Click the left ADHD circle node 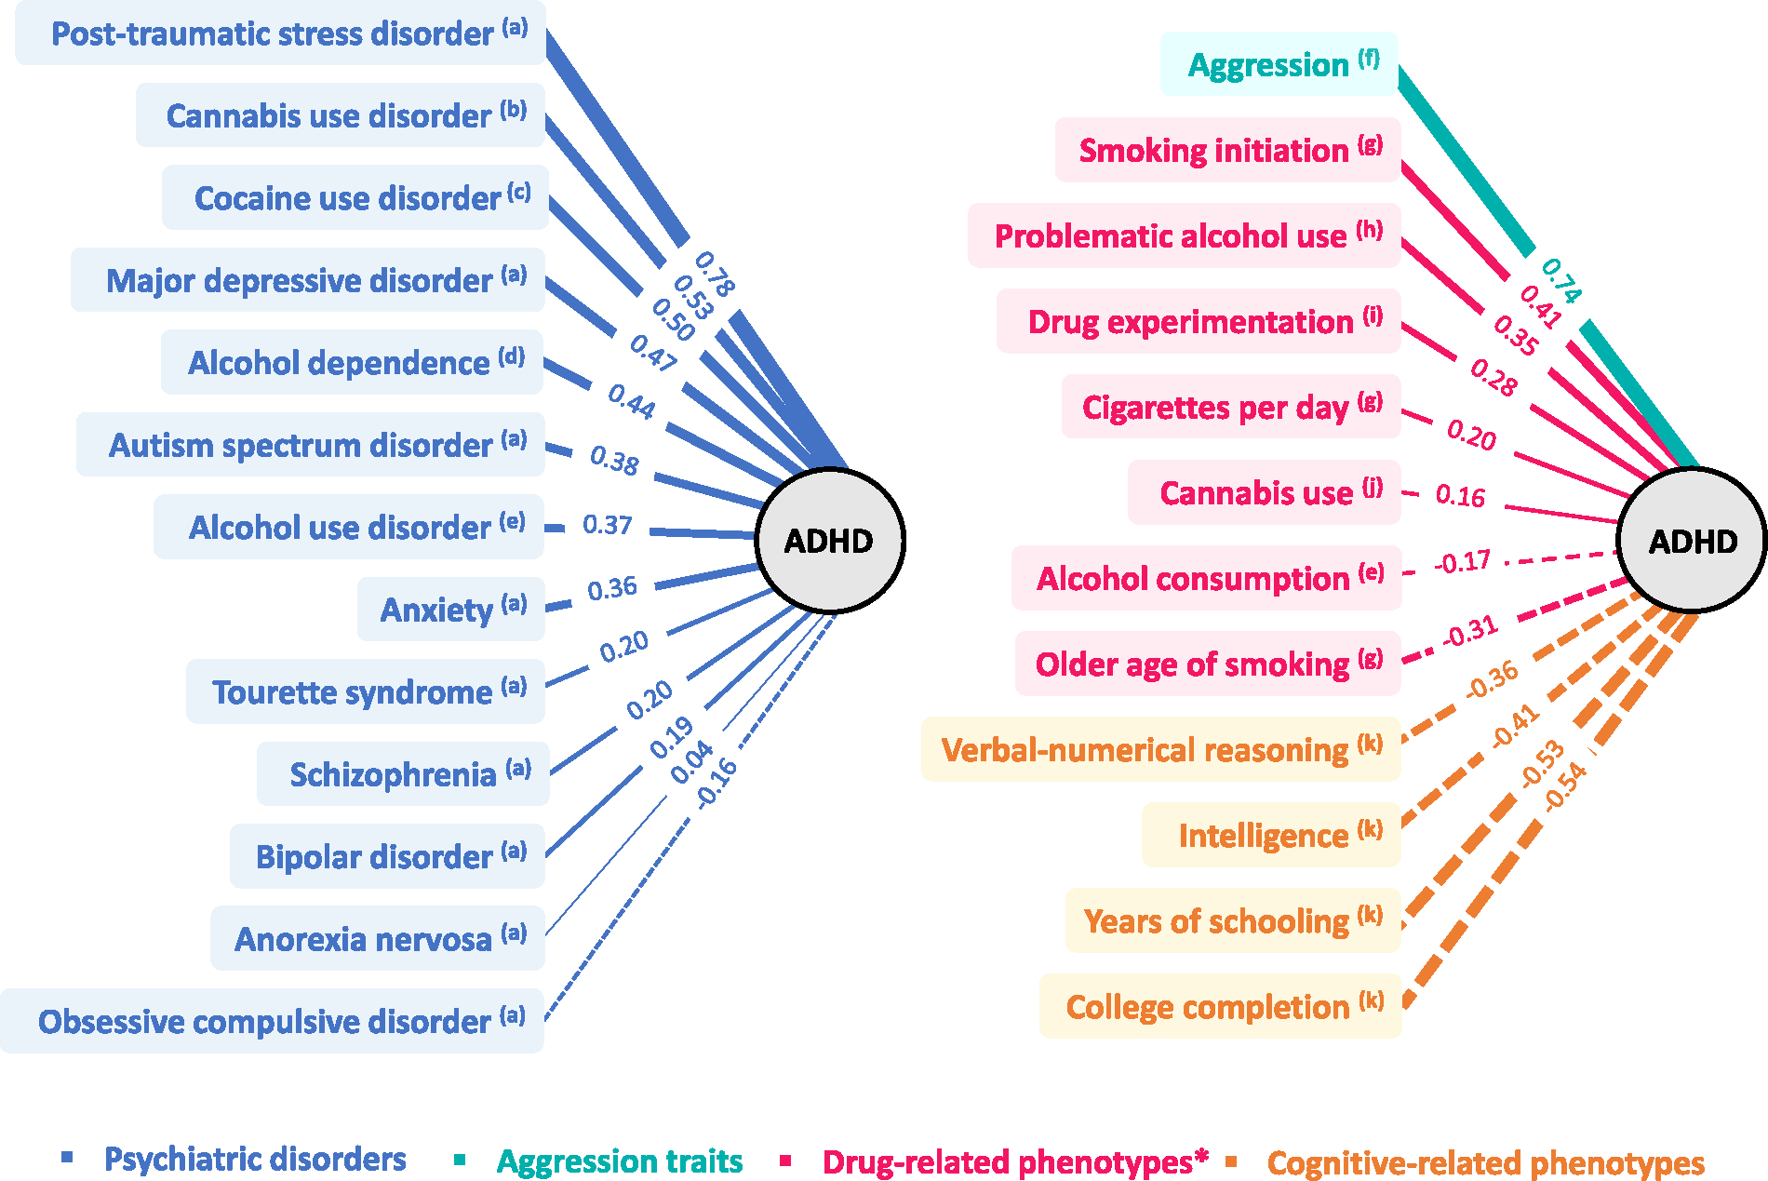(829, 541)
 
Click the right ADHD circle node (1692, 541)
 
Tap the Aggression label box (1279, 64)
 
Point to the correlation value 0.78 (715, 274)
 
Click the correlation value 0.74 (1560, 280)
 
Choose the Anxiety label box (451, 610)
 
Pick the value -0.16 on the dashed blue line (717, 782)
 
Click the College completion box (1221, 1006)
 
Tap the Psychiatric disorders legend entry (254, 1160)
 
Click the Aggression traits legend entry (619, 1161)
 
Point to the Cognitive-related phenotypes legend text (1485, 1162)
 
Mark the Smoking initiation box (1228, 150)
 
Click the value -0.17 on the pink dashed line (1463, 562)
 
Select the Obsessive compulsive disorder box (273, 1021)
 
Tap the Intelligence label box (1272, 835)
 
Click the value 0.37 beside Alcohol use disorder (607, 526)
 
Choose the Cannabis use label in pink (1265, 492)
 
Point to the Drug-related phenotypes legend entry (1014, 1161)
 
